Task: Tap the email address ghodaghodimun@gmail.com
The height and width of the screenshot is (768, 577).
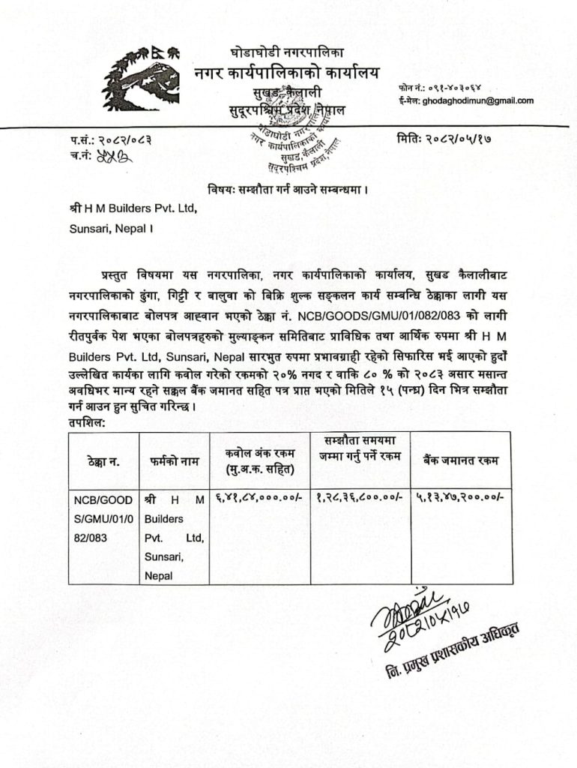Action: (x=478, y=100)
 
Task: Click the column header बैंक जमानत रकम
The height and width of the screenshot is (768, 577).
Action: (x=461, y=460)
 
